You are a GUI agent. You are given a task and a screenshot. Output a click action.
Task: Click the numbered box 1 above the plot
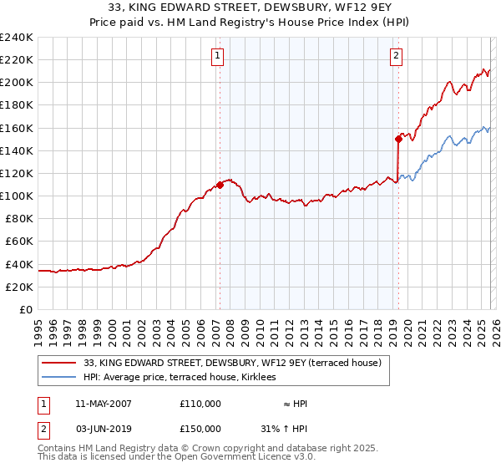(217, 56)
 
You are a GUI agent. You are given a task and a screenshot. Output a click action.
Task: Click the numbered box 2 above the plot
(396, 56)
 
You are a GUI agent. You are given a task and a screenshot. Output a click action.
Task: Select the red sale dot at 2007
(220, 185)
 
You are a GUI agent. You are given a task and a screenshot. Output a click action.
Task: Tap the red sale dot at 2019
(398, 140)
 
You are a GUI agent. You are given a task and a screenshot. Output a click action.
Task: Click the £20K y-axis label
(19, 287)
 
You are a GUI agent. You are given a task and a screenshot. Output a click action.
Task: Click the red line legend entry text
(232, 363)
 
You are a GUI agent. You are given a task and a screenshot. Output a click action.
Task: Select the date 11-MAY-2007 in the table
(103, 404)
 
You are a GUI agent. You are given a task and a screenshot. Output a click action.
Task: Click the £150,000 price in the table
(200, 429)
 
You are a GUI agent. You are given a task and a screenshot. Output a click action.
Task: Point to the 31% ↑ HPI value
(284, 429)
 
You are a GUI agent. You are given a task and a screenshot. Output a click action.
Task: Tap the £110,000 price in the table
(200, 404)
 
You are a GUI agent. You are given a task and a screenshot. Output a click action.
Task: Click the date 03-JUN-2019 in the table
(103, 429)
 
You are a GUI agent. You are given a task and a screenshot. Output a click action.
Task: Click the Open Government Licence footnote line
(177, 457)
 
